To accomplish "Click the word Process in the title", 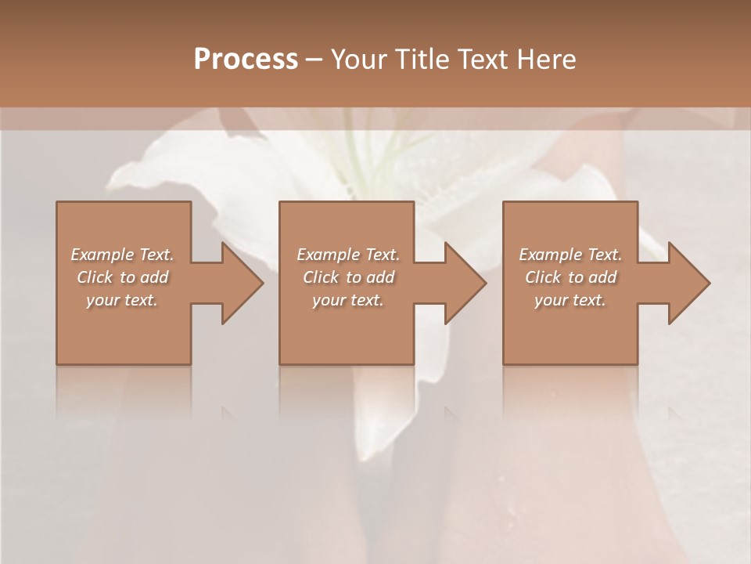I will (246, 60).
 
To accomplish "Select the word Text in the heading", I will (483, 60).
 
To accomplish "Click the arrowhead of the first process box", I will (239, 283).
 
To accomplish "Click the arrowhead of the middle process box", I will (462, 283).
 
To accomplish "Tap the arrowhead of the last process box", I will (686, 283).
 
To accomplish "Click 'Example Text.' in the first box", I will (122, 255).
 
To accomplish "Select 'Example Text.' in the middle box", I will (347, 255).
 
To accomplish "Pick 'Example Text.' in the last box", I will (570, 255).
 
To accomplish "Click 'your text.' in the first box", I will (122, 300).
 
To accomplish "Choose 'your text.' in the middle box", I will (347, 300).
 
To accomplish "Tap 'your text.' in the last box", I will (570, 300).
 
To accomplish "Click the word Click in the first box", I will (95, 277).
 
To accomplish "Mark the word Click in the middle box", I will (321, 277).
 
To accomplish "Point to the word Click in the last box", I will (543, 277).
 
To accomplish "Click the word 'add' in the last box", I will (602, 277).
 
